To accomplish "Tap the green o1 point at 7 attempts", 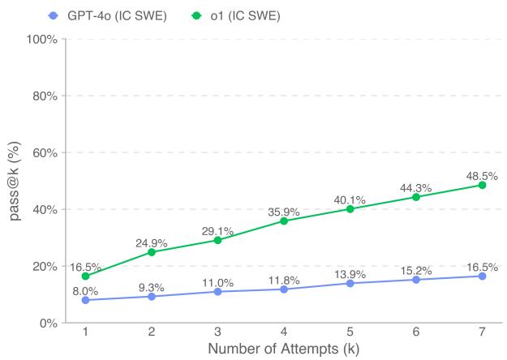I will pyautogui.click(x=482, y=185).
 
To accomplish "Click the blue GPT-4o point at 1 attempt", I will pyautogui.click(x=85, y=300).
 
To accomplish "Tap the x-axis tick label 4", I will pyautogui.click(x=283, y=333).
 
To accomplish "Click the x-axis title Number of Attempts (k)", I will pyautogui.click(x=283, y=349).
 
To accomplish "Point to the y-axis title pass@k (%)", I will pyautogui.click(x=14, y=181).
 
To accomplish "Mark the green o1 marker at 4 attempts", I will pyautogui.click(x=283, y=221).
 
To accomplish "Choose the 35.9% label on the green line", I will pyautogui.click(x=283, y=212).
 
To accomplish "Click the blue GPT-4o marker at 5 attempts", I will pyautogui.click(x=350, y=283).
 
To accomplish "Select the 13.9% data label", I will pyautogui.click(x=350, y=274).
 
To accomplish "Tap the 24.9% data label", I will pyautogui.click(x=151, y=242).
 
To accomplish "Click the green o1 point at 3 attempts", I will pyautogui.click(x=217, y=240).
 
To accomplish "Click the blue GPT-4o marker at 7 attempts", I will pyautogui.click(x=482, y=276).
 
